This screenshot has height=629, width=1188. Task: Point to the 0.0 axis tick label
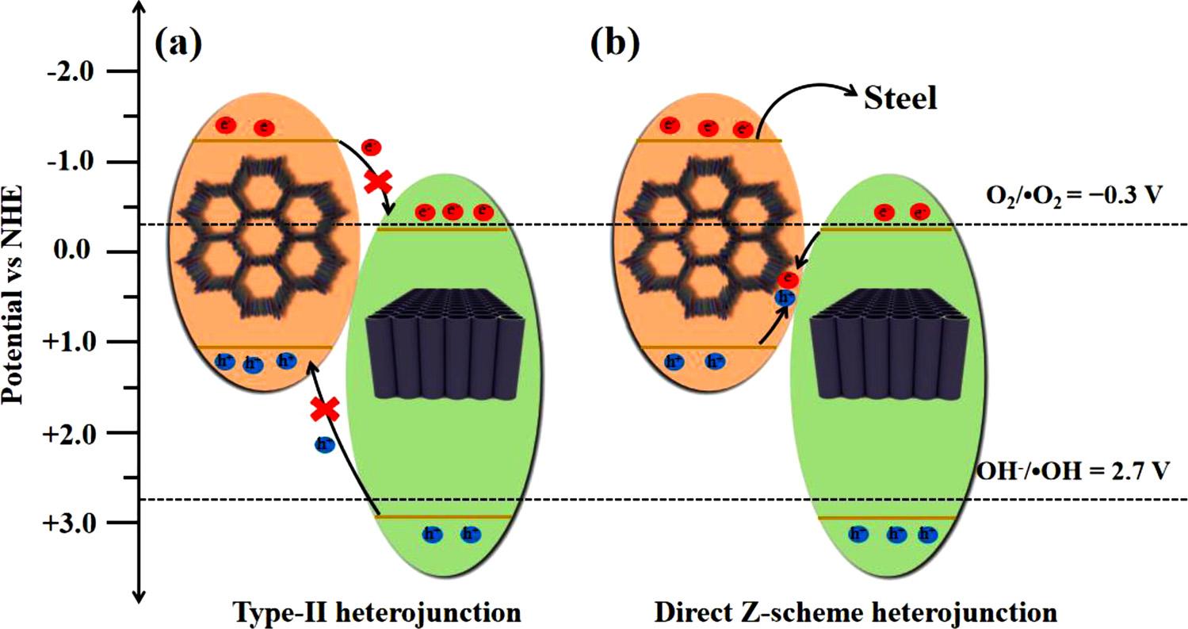point(78,253)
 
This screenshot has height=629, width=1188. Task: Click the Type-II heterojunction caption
point(377,612)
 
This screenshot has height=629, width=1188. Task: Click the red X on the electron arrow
point(377,181)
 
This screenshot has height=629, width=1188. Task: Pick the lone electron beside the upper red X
point(369,147)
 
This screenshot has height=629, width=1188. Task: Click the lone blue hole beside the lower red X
point(325,444)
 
